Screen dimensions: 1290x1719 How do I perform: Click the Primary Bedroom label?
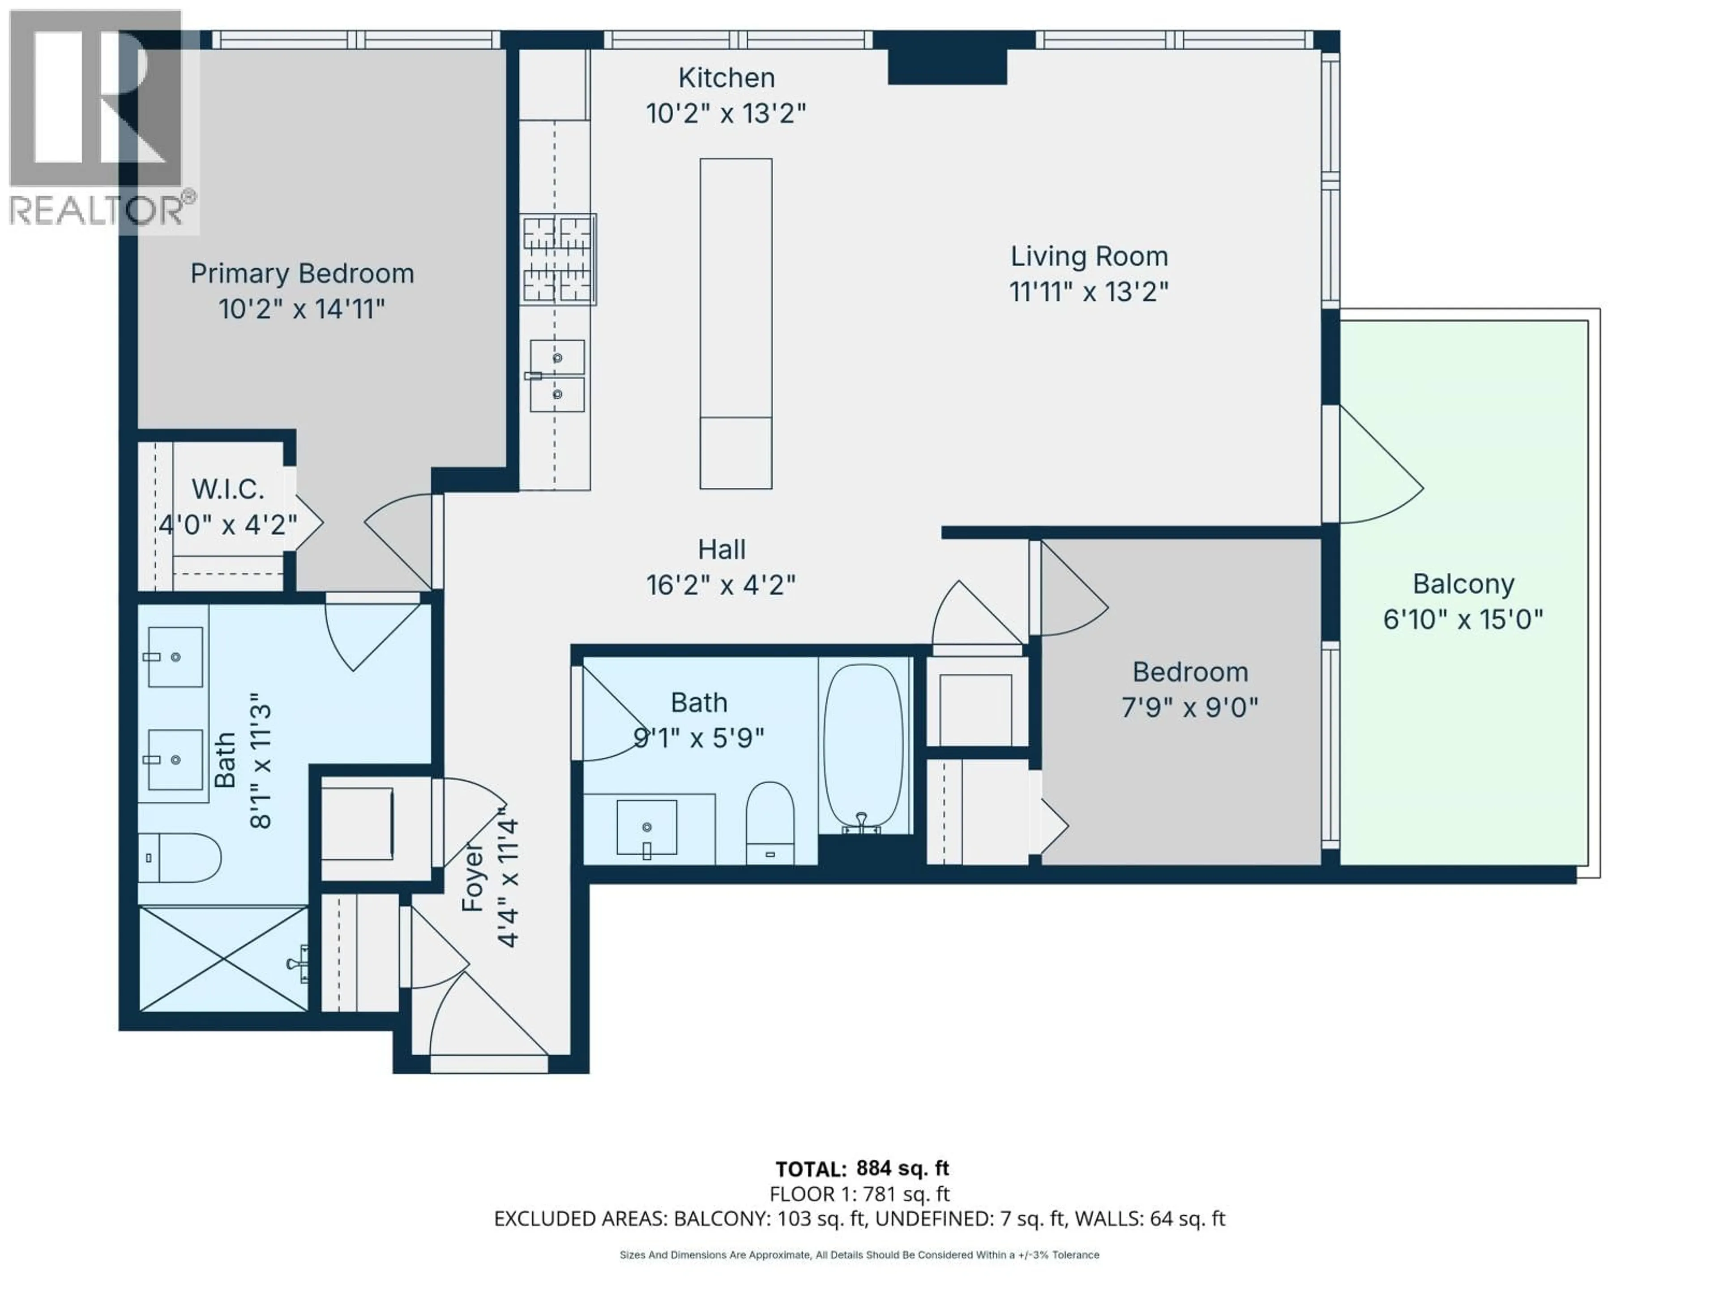(x=302, y=274)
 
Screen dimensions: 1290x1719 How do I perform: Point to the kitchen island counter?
(x=735, y=322)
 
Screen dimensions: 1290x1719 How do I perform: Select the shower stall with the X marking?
(x=223, y=959)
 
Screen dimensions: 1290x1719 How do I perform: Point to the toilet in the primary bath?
(x=180, y=858)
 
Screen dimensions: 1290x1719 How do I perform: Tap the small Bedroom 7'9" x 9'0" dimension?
(x=1189, y=708)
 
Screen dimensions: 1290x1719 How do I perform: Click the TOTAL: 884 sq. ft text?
(x=862, y=1169)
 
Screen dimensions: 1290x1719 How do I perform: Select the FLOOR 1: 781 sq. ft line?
(x=859, y=1194)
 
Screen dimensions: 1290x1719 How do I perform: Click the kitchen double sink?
(x=556, y=375)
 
